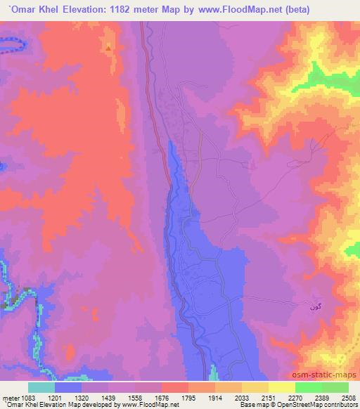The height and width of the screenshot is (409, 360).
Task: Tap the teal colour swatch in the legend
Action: point(41,387)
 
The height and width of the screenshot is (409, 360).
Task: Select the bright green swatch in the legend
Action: point(308,387)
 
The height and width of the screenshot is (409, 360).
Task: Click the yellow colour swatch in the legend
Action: point(281,387)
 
